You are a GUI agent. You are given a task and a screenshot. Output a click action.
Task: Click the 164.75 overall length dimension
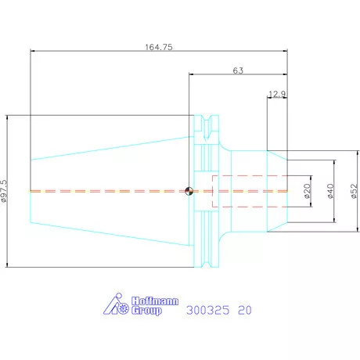point(159,47)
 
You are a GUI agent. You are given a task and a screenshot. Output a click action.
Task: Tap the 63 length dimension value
point(238,70)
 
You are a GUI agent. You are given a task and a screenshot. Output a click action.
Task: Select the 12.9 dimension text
point(277,94)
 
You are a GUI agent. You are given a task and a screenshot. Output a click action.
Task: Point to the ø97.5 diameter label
point(5,191)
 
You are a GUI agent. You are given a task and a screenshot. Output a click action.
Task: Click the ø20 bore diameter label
point(308,191)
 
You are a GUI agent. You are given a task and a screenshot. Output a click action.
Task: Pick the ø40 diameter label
point(330,191)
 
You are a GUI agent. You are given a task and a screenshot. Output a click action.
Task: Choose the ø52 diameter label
point(354,191)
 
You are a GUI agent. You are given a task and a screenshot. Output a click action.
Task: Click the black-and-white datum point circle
point(189,191)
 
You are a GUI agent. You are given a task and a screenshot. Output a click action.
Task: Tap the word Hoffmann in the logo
point(155,301)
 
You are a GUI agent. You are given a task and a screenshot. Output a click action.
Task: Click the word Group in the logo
point(146,311)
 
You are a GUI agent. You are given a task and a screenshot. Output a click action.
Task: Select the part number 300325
point(208,310)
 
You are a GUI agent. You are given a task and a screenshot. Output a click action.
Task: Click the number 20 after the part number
point(245,310)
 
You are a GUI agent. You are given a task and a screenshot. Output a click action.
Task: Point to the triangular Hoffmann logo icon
point(115,304)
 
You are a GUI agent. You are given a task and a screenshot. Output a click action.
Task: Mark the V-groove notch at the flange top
point(207,128)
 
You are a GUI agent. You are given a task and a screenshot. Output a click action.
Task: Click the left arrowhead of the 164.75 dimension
point(32,51)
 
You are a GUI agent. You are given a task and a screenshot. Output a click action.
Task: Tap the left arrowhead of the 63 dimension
point(191,74)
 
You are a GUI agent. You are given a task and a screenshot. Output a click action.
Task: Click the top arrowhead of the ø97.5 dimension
point(7,117)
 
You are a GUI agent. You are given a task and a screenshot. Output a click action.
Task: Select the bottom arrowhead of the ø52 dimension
point(358,229)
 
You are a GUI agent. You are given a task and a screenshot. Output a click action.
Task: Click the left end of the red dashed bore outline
point(213,191)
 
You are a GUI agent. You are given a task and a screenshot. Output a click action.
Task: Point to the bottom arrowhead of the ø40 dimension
point(335,221)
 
